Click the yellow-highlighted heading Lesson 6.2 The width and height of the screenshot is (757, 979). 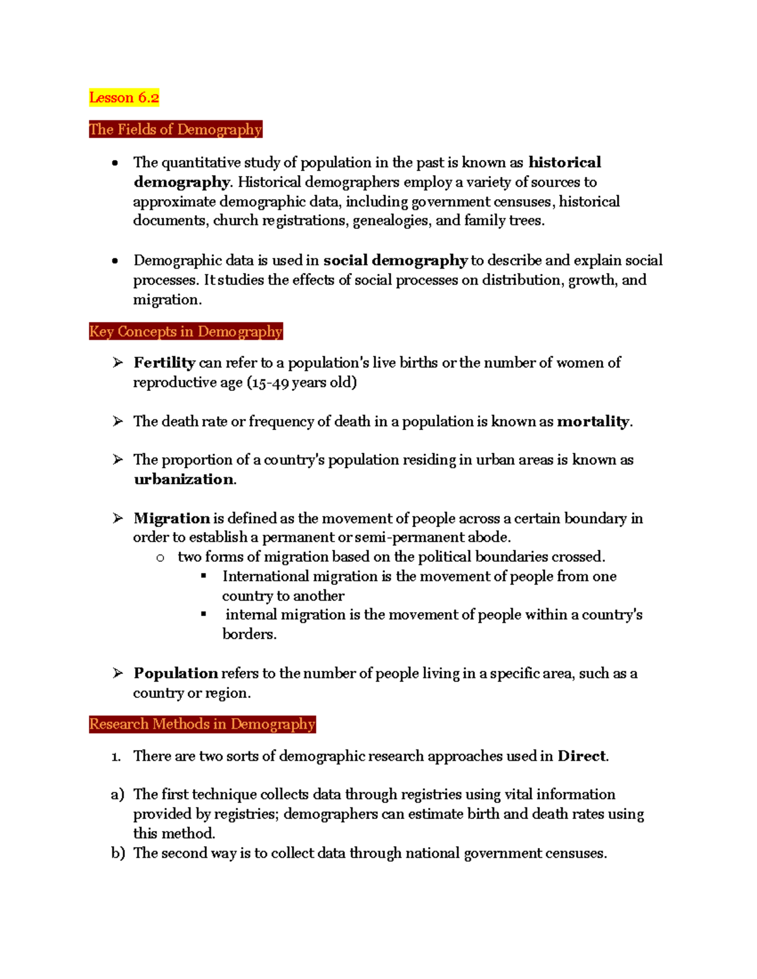pyautogui.click(x=124, y=98)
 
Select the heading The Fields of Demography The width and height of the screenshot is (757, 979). pyautogui.click(x=175, y=129)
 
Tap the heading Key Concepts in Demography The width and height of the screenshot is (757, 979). pyautogui.click(x=185, y=332)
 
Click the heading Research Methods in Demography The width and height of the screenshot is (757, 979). pyautogui.click(x=202, y=724)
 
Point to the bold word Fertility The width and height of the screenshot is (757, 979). pyautogui.click(x=164, y=363)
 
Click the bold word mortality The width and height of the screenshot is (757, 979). pyautogui.click(x=593, y=422)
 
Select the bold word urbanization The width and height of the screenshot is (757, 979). pyautogui.click(x=184, y=480)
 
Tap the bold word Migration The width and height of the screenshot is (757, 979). pyautogui.click(x=171, y=519)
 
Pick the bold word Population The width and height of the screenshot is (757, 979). pyautogui.click(x=175, y=673)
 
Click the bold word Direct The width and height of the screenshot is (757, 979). pyautogui.click(x=581, y=756)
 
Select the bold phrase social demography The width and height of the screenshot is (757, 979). pyautogui.click(x=395, y=261)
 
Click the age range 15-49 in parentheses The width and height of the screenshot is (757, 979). pyautogui.click(x=270, y=383)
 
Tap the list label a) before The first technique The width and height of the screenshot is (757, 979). pyautogui.click(x=117, y=795)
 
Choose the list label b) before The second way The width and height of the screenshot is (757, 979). pyautogui.click(x=117, y=854)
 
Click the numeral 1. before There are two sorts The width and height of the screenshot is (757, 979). pyautogui.click(x=116, y=756)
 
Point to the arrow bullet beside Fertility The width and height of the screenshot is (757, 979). pyautogui.click(x=118, y=363)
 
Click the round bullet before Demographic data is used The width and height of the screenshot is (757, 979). pyautogui.click(x=115, y=261)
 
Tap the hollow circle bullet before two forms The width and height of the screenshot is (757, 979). pyautogui.click(x=160, y=558)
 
